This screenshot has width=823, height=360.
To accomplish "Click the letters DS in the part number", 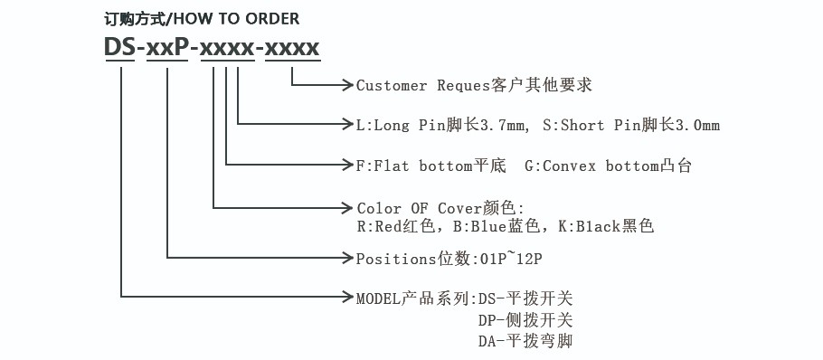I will (119, 48).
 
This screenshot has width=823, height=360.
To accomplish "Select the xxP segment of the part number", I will (168, 48).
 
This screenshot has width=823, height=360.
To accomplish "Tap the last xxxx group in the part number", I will (290, 48).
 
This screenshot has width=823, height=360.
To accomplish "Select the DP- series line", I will (525, 319).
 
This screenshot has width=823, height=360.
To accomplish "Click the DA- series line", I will (525, 341).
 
